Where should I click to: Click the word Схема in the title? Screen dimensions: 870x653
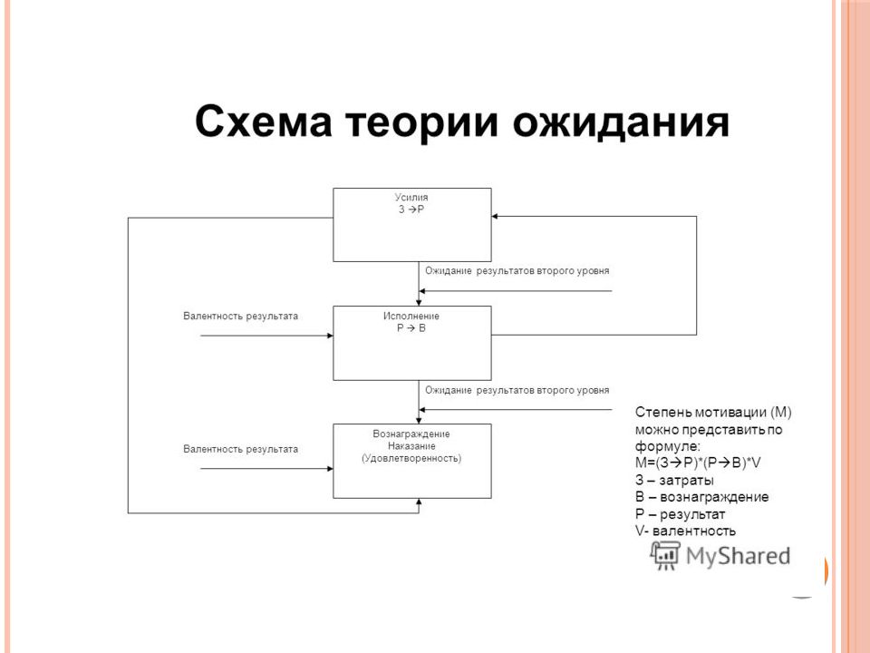pyautogui.click(x=264, y=122)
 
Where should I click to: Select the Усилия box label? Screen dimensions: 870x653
pyautogui.click(x=411, y=197)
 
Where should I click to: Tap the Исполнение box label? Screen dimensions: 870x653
pyautogui.click(x=411, y=316)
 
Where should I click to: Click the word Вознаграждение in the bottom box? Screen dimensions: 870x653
pyautogui.click(x=411, y=434)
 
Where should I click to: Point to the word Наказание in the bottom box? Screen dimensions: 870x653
pyautogui.click(x=411, y=446)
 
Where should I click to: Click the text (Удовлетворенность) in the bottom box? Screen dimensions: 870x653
pyautogui.click(x=411, y=459)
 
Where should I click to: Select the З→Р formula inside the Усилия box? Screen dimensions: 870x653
pyautogui.click(x=411, y=210)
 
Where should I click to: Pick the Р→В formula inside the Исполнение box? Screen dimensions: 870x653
pyautogui.click(x=411, y=328)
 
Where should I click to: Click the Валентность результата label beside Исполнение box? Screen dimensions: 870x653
pyautogui.click(x=240, y=316)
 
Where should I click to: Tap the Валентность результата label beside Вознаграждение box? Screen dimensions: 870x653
pyautogui.click(x=240, y=449)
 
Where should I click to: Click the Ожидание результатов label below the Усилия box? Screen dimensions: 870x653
pyautogui.click(x=517, y=271)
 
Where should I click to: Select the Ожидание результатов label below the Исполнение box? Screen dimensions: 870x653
pyautogui.click(x=517, y=390)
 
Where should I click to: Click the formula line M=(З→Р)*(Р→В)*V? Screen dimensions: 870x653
pyautogui.click(x=698, y=463)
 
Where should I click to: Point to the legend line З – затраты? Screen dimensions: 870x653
pyautogui.click(x=674, y=480)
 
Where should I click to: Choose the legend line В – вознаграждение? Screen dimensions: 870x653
pyautogui.click(x=701, y=497)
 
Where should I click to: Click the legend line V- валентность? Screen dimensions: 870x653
pyautogui.click(x=685, y=531)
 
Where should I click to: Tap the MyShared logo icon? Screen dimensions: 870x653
pyautogui.click(x=664, y=555)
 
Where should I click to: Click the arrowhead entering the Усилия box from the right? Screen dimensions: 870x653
pyautogui.click(x=495, y=216)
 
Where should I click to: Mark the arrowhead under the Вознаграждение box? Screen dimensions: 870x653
pyautogui.click(x=419, y=502)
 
